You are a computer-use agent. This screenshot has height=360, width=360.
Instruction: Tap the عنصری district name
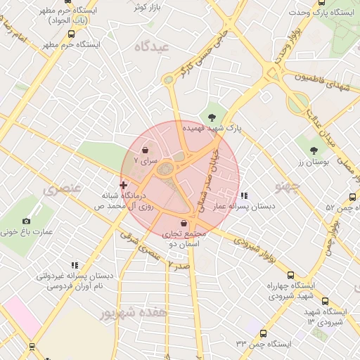pos(63,189)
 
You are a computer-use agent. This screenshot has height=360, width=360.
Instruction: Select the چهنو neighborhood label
pos(288,186)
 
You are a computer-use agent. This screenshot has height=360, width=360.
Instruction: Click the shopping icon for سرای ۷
pos(145,150)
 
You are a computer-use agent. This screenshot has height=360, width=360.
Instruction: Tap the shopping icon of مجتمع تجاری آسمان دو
pos(184,223)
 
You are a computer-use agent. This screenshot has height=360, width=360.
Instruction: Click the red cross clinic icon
pos(124,185)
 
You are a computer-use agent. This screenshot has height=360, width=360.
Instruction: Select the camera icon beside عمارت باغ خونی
pos(27,221)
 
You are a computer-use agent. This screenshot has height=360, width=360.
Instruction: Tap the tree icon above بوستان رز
pos(314,150)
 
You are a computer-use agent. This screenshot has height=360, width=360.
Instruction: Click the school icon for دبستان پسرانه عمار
pos(243,195)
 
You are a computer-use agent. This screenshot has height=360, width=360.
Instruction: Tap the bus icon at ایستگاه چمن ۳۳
pos(263,333)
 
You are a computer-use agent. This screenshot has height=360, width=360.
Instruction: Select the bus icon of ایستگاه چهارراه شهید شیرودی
pos(291,276)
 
